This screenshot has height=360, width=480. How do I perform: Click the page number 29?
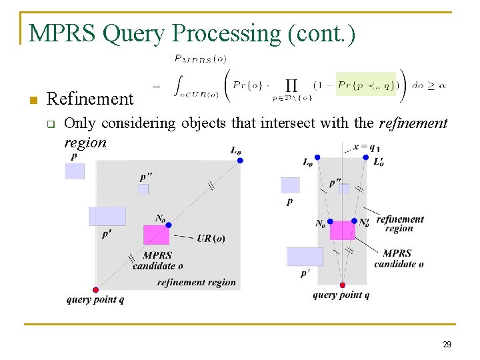pyautogui.click(x=447, y=344)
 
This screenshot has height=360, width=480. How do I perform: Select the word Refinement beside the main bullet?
pyautogui.click(x=90, y=99)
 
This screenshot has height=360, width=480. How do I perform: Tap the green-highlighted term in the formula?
pyautogui.click(x=365, y=85)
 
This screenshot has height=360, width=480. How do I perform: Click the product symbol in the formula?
pyautogui.click(x=291, y=85)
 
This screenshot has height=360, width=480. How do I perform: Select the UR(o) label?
pyautogui.click(x=211, y=239)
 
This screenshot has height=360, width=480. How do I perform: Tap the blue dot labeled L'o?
pyautogui.click(x=365, y=157)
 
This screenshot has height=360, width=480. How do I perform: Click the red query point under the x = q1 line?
pyautogui.click(x=343, y=285)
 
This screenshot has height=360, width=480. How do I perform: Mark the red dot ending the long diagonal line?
pyautogui.click(x=95, y=290)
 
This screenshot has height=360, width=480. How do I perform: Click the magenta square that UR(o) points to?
pyautogui.click(x=156, y=235)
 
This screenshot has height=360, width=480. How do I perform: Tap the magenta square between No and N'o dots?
pyautogui.click(x=343, y=230)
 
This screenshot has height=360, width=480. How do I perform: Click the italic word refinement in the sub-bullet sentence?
pyautogui.click(x=413, y=123)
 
